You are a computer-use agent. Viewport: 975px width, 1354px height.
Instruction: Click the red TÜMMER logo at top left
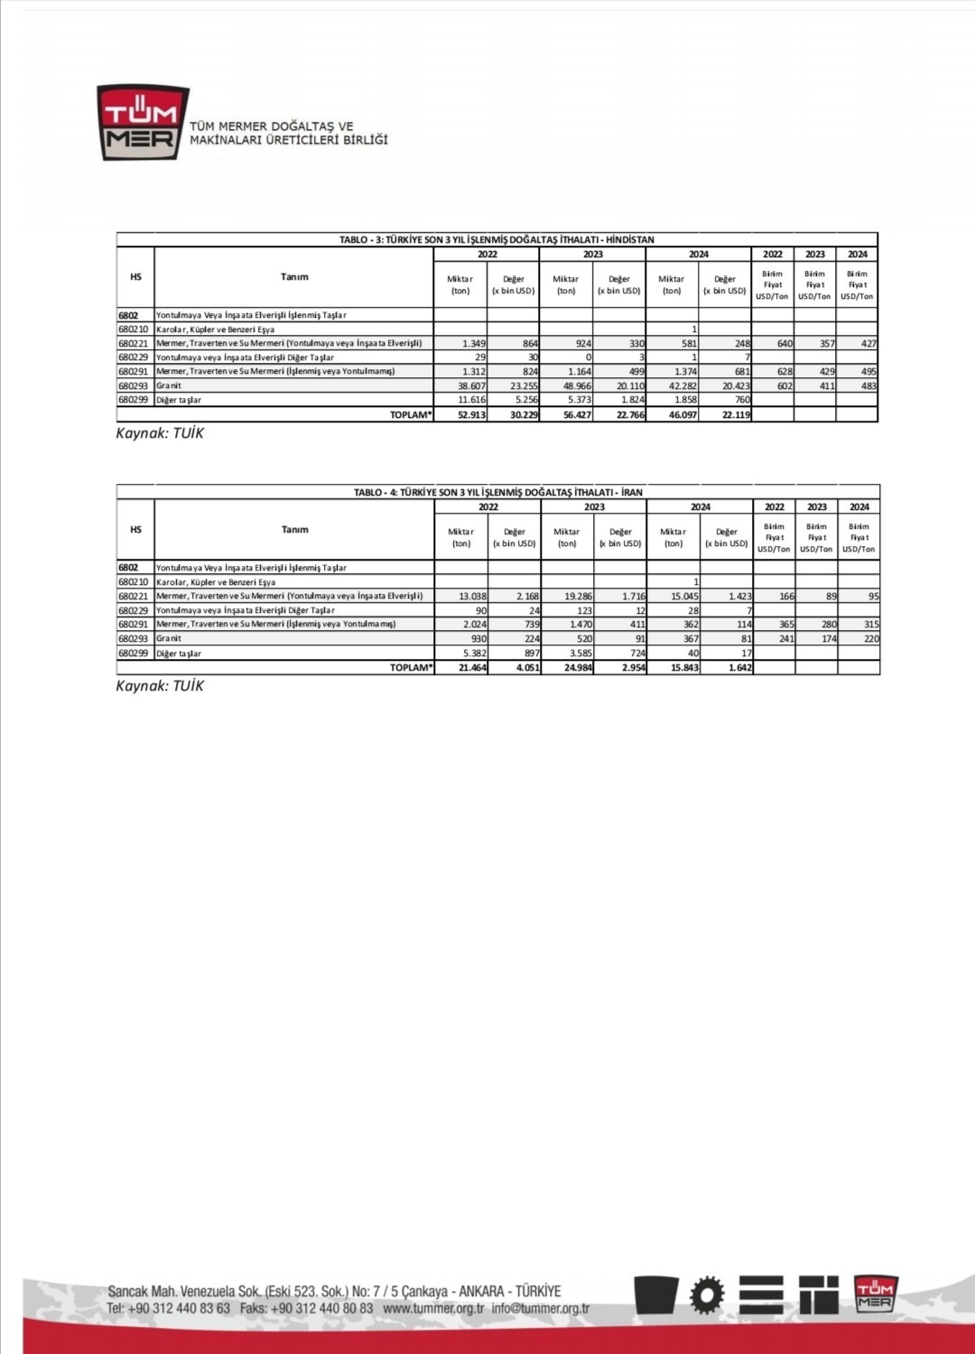click(x=143, y=123)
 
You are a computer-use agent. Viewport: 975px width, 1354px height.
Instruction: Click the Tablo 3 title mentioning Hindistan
click(x=497, y=240)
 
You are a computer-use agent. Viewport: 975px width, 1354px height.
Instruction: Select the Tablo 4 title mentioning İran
click(x=498, y=493)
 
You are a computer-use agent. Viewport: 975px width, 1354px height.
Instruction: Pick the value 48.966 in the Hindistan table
click(x=576, y=386)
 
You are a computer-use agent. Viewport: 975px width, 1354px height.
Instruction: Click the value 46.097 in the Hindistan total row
click(x=682, y=415)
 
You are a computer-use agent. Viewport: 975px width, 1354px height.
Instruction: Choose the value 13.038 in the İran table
click(x=472, y=597)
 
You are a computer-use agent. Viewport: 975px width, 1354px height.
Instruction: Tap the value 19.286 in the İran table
click(x=577, y=597)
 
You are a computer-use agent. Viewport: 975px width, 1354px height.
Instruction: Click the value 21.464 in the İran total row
click(x=472, y=668)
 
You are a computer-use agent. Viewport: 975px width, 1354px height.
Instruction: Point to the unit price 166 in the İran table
click(x=786, y=597)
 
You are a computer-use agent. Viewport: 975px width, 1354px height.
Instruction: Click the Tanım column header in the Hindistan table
click(x=294, y=277)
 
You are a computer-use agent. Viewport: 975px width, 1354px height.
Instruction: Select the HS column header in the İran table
click(x=135, y=530)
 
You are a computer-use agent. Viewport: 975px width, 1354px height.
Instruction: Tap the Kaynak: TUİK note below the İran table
click(x=160, y=686)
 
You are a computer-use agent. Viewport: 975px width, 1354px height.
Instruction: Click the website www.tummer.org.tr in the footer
click(x=433, y=1308)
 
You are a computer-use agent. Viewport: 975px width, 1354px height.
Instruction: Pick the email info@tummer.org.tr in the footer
click(x=540, y=1308)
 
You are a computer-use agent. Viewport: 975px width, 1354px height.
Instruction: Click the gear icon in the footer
click(x=707, y=1295)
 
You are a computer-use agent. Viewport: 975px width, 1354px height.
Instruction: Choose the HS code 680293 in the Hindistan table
click(x=134, y=386)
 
